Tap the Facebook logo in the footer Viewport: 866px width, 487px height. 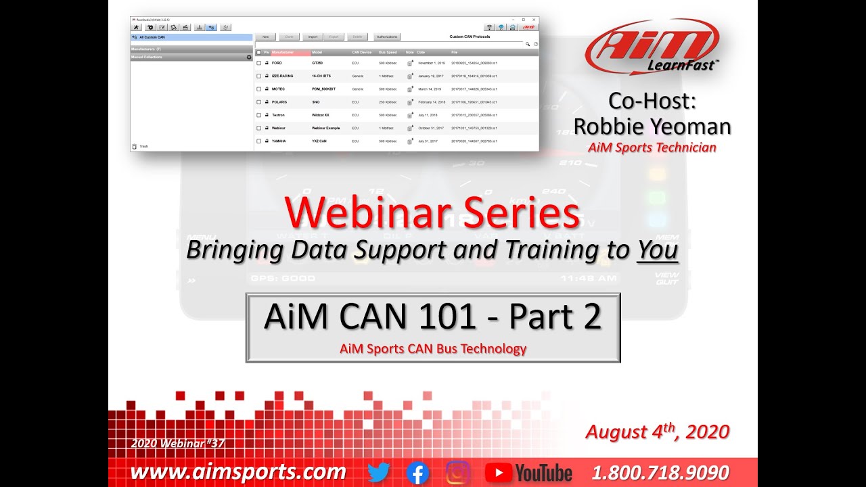418,472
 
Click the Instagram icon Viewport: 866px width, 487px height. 459,472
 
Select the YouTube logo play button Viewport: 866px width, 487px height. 499,472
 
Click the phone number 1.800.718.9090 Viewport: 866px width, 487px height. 660,472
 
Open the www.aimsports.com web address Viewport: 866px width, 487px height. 237,472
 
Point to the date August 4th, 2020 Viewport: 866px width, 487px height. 657,432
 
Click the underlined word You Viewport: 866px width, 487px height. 657,250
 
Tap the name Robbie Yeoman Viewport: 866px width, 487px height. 652,126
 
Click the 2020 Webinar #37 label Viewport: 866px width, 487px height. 177,444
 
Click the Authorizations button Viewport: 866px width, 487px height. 387,37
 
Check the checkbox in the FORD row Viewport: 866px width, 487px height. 258,62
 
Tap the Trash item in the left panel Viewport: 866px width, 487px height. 143,146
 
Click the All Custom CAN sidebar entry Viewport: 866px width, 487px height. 152,37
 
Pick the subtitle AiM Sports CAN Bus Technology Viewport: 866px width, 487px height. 433,349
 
